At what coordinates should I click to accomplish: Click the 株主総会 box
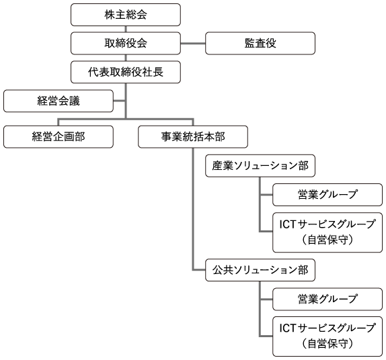pos(126,15)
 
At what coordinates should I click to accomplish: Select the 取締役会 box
pos(126,43)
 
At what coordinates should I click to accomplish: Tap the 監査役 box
pos(260,43)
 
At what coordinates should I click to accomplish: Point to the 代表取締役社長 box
pos(126,72)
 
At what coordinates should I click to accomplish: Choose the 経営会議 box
pos(59,101)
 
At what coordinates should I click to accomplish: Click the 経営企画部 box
pos(59,137)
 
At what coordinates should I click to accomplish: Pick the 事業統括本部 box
pos(193,137)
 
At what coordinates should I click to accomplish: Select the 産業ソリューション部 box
pos(260,166)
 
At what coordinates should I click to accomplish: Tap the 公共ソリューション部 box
pos(260,270)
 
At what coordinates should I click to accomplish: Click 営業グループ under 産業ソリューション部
pos(327,195)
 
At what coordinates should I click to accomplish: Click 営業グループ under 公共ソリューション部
pos(327,299)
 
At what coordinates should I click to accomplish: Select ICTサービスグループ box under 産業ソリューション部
pos(327,232)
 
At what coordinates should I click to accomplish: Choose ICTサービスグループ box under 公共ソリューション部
pos(327,336)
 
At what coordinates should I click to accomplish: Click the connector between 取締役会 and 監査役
pos(193,44)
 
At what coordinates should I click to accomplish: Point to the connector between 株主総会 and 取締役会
pos(126,29)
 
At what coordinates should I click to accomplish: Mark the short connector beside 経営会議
pos(119,101)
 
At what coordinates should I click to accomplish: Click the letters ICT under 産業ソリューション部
pos(288,224)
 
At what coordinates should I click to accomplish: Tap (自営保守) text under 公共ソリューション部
pos(327,344)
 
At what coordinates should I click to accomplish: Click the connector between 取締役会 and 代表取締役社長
pos(126,58)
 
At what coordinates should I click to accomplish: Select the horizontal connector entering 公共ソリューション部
pos(199,270)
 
